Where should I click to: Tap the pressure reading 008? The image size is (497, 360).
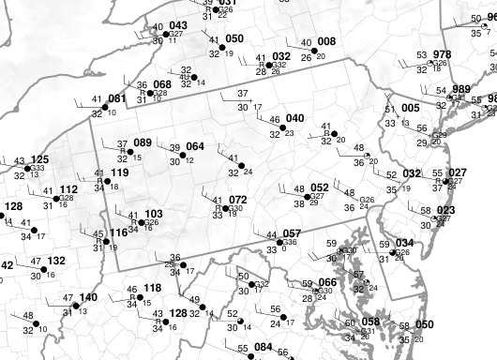(x=325, y=41)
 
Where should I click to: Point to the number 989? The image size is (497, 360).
(x=461, y=88)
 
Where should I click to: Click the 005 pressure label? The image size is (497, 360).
(x=410, y=108)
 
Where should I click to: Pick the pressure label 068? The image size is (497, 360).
(x=162, y=84)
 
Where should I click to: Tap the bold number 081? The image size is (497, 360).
(x=117, y=98)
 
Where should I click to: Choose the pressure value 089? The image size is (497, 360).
(x=143, y=142)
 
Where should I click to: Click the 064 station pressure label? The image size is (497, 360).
(x=195, y=146)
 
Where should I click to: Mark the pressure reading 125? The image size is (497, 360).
(x=39, y=160)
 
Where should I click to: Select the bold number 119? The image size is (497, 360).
(x=119, y=172)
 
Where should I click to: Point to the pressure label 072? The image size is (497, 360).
(x=238, y=200)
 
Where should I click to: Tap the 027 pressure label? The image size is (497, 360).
(x=457, y=172)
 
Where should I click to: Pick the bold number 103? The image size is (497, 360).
(x=153, y=214)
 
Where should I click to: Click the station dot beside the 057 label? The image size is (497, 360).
(x=281, y=241)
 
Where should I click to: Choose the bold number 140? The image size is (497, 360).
(x=87, y=297)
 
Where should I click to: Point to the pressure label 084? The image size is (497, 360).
(x=263, y=348)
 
